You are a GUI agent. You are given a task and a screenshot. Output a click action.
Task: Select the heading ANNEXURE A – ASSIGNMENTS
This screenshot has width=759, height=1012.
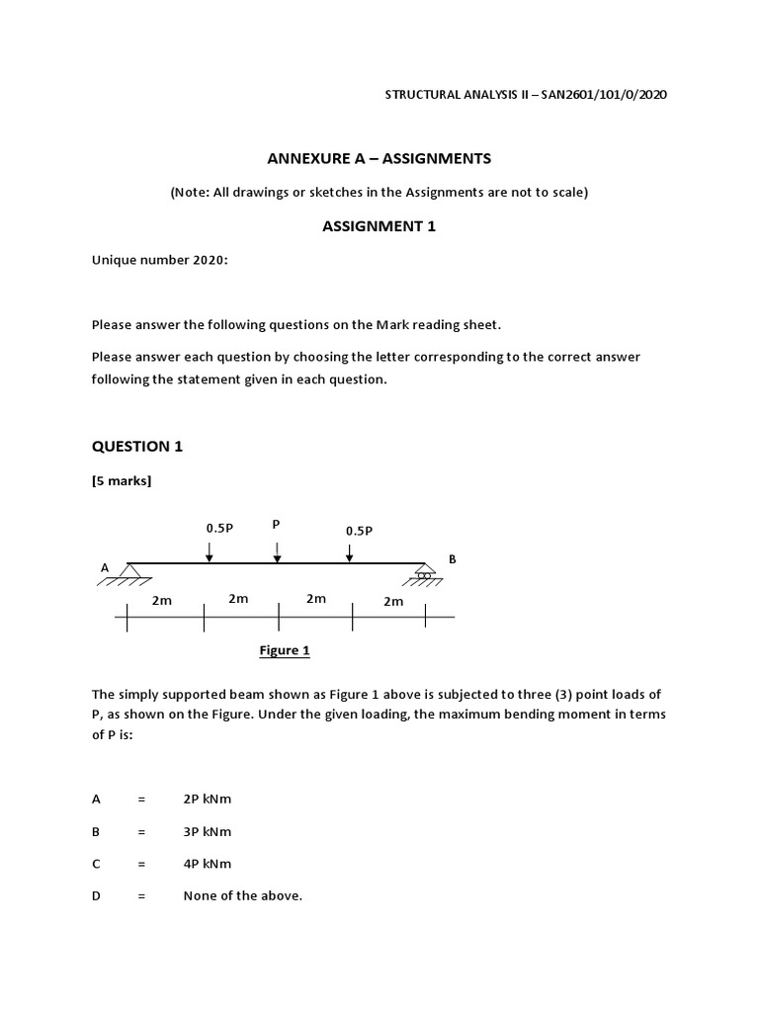[x=379, y=158]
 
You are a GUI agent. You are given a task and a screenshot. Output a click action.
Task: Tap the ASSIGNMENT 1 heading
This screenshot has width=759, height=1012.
[x=379, y=226]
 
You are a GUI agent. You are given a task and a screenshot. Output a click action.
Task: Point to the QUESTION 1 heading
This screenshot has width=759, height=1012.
[x=137, y=446]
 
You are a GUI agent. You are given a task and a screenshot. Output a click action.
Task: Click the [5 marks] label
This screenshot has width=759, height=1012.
[x=122, y=481]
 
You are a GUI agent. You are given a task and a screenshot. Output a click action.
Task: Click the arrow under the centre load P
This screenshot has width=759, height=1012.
[x=277, y=551]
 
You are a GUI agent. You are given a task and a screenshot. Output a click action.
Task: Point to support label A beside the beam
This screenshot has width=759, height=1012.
[x=105, y=568]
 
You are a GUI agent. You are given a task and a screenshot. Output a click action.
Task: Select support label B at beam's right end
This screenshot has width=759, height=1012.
[x=453, y=559]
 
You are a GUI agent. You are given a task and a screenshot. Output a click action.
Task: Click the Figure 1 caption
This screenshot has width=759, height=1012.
[x=285, y=650]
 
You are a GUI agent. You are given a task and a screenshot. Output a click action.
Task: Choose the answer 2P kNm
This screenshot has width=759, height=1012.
[x=208, y=800]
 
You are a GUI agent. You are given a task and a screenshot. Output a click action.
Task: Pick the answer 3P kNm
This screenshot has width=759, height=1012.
[x=208, y=832]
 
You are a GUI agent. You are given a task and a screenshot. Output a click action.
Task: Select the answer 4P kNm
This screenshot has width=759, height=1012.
[x=208, y=864]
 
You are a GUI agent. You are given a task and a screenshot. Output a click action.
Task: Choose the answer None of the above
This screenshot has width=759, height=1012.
[x=243, y=895]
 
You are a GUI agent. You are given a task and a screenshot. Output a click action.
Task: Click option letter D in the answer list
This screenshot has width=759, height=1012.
[x=96, y=895]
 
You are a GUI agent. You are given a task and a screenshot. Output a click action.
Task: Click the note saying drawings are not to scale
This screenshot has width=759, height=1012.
[x=379, y=193]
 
